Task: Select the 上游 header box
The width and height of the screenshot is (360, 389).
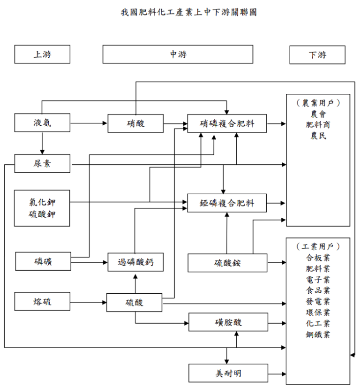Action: pyautogui.click(x=42, y=54)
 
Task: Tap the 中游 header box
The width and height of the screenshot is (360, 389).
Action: pyautogui.click(x=178, y=54)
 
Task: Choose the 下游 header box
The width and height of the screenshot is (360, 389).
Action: pyautogui.click(x=317, y=55)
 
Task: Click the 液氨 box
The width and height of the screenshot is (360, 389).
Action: pyautogui.click(x=42, y=123)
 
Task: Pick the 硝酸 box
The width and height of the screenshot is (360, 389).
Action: pyautogui.click(x=135, y=123)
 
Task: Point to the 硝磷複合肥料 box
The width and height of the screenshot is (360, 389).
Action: pyautogui.click(x=227, y=123)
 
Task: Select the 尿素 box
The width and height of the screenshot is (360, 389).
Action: pyautogui.click(x=42, y=163)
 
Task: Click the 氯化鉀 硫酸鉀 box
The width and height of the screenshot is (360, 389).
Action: pyautogui.click(x=42, y=208)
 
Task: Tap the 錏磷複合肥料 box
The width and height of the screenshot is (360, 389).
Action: pyautogui.click(x=227, y=203)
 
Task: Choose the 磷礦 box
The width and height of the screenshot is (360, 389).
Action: pyautogui.click(x=43, y=261)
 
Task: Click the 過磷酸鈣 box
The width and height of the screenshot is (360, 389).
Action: pyautogui.click(x=135, y=262)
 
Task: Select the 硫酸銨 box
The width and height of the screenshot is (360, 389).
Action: pyautogui.click(x=227, y=263)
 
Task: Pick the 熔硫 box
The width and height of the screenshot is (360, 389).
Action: pyautogui.click(x=42, y=301)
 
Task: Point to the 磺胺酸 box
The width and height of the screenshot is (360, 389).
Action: pyautogui.click(x=227, y=322)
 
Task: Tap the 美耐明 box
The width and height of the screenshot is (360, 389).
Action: pyautogui.click(x=227, y=373)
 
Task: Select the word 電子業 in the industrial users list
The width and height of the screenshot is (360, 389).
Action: pyautogui.click(x=317, y=279)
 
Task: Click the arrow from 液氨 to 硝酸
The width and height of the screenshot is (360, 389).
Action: pyautogui.click(x=89, y=123)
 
